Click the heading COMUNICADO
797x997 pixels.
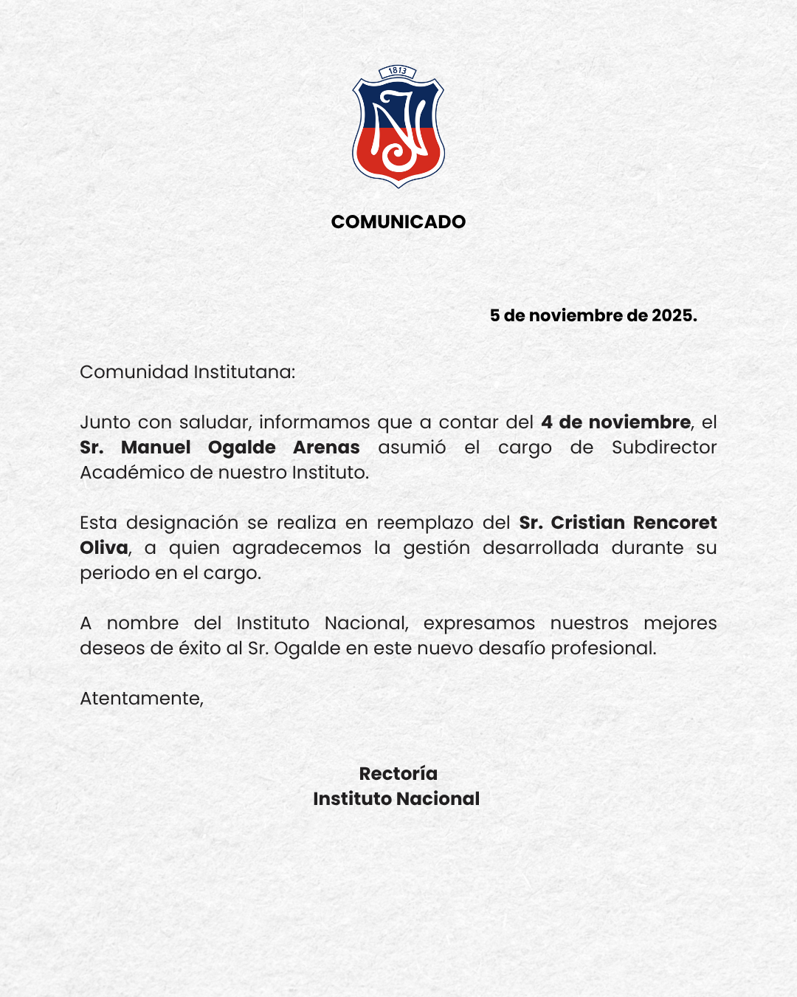click(x=398, y=222)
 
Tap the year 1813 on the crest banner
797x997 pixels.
click(x=398, y=71)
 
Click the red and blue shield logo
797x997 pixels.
click(x=398, y=129)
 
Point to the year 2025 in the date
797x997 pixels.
click(x=672, y=315)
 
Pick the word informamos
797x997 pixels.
click(x=314, y=422)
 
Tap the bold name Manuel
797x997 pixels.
click(x=156, y=448)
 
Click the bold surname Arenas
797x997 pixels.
click(x=326, y=448)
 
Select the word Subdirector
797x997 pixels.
click(x=664, y=448)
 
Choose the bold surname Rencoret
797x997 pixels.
click(x=674, y=523)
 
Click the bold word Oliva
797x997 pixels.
click(x=103, y=548)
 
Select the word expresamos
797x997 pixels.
click(x=479, y=623)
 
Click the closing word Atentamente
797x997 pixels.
click(x=141, y=699)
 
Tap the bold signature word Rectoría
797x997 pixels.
click(x=398, y=774)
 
